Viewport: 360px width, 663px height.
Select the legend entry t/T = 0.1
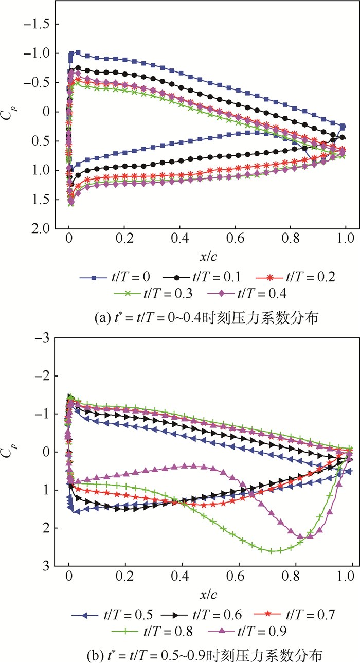pyautogui.click(x=199, y=277)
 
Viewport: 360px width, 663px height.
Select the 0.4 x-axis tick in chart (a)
pyautogui.click(x=179, y=239)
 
